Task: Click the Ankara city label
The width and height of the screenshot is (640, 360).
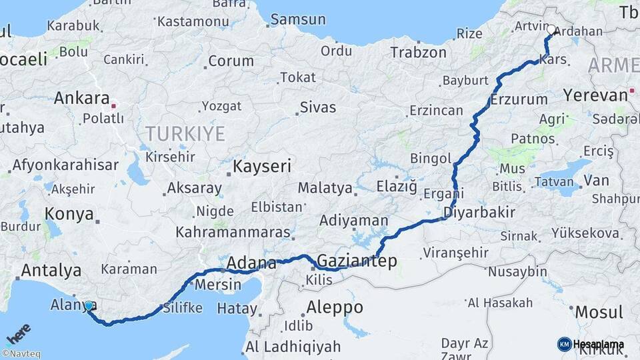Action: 81,99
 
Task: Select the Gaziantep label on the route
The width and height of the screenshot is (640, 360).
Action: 356,261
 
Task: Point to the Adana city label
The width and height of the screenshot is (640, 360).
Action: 251,262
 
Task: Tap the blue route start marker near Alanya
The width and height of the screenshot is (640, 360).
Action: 89,306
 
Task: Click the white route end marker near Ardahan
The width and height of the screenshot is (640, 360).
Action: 551,30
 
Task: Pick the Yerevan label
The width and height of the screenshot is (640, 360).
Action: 595,95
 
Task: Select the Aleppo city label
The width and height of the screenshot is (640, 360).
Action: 335,307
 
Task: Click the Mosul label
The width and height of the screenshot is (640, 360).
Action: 599,311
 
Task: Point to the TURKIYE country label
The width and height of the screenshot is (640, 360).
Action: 185,133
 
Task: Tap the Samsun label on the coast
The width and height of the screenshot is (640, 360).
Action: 298,19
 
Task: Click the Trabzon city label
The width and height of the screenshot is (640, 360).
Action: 418,52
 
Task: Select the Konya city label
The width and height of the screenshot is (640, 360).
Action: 68,213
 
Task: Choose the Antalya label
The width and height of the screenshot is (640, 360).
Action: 51,271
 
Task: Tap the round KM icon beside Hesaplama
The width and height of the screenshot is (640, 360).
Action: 564,344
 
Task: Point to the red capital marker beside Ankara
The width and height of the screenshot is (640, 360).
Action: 114,105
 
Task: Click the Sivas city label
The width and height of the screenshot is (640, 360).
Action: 318,107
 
